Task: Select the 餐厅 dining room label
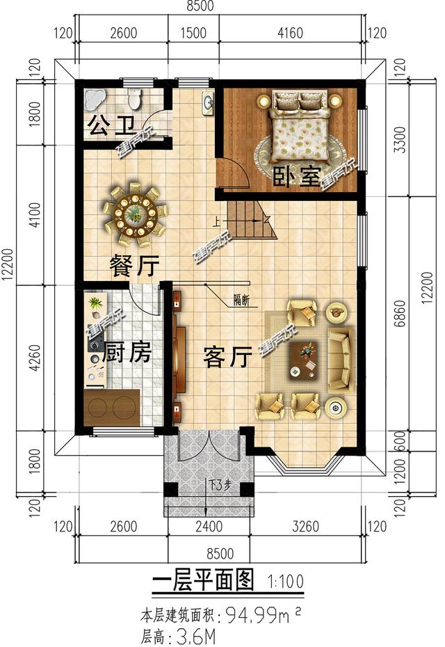pos(134,265)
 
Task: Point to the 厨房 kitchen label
pos(127,353)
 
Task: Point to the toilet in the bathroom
pos(134,98)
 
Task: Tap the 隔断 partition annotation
pos(242,301)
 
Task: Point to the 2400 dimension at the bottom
pos(208,526)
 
